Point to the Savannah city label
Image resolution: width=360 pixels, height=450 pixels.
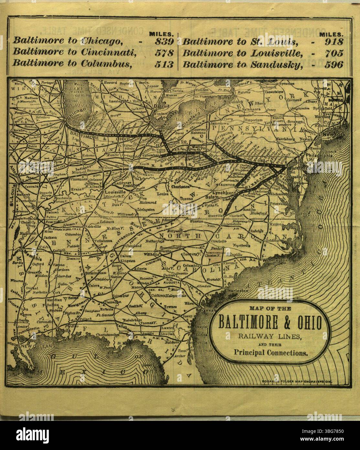206,310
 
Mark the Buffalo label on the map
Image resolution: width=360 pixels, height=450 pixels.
226,97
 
